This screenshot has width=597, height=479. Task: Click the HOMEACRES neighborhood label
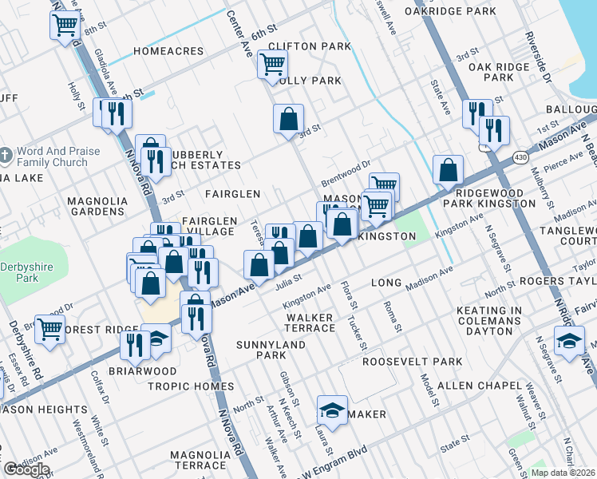click(x=168, y=51)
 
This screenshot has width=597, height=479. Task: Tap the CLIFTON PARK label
click(x=310, y=46)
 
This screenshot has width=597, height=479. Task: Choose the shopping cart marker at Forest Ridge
click(x=49, y=328)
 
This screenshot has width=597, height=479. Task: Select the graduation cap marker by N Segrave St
click(x=568, y=342)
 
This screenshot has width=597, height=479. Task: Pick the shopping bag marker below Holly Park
click(x=289, y=120)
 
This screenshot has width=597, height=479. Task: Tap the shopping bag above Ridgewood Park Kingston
click(x=449, y=169)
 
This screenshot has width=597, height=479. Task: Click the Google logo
click(x=26, y=469)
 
